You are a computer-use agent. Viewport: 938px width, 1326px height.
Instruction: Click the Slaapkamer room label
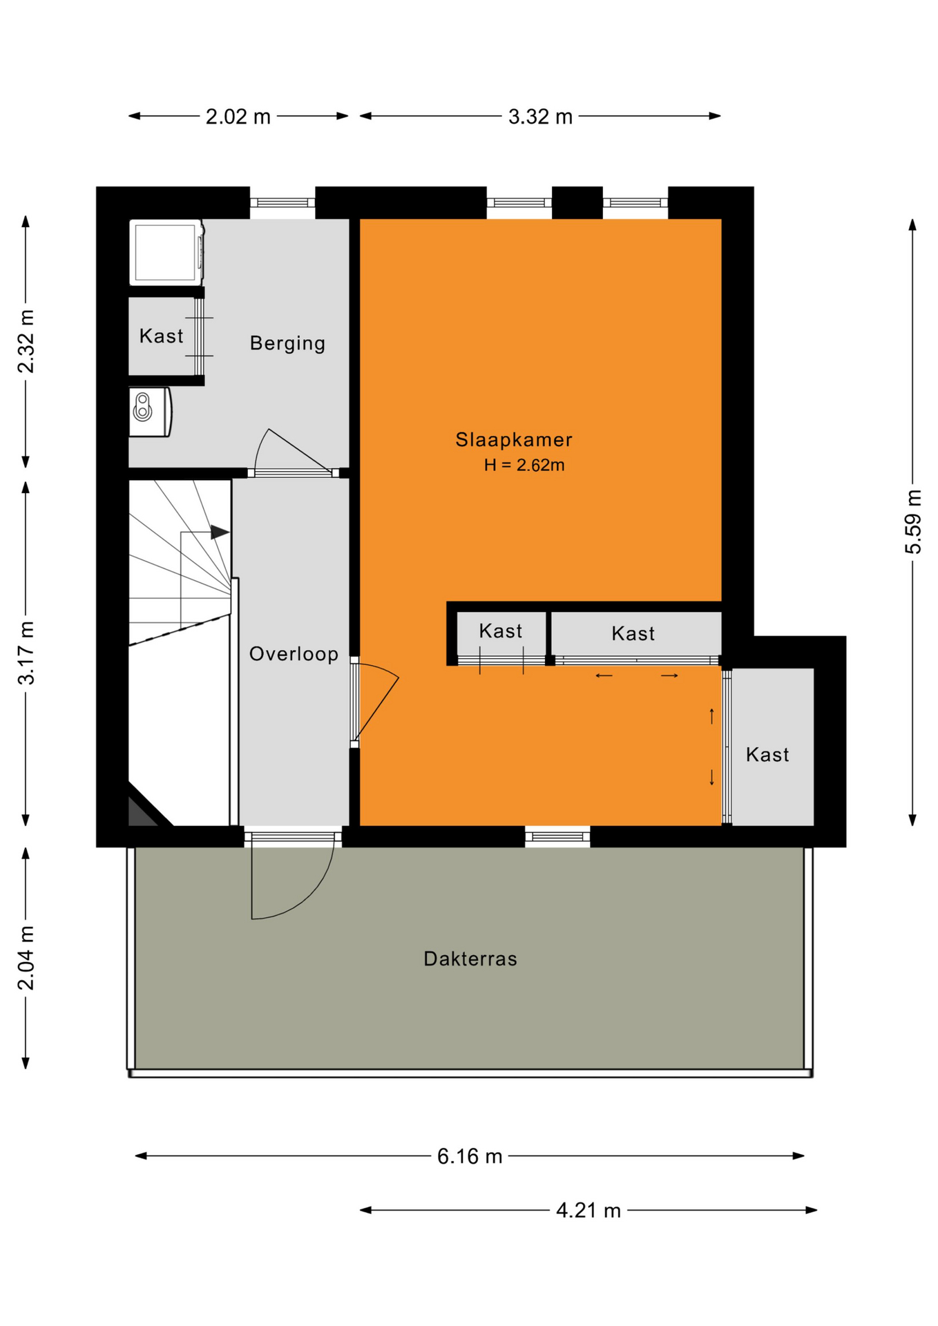[514, 440]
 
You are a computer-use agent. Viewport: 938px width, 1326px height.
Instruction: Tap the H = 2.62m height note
[524, 465]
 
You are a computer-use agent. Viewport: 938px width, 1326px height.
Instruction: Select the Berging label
[287, 343]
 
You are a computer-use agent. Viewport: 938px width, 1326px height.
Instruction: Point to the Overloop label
[294, 654]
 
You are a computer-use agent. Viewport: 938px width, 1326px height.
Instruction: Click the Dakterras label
[470, 959]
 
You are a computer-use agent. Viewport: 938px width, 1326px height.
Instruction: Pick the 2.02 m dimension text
[238, 117]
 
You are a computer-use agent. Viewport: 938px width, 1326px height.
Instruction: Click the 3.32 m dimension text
[540, 117]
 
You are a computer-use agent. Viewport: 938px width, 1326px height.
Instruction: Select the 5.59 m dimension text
[913, 521]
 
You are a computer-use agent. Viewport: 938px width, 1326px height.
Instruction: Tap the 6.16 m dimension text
[470, 1156]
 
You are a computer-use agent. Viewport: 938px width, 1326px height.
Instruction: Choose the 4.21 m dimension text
[588, 1211]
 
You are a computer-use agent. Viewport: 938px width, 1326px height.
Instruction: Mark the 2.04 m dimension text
[26, 958]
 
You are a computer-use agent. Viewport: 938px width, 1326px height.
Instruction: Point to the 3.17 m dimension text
[26, 653]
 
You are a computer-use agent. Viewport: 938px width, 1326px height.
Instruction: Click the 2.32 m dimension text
[26, 341]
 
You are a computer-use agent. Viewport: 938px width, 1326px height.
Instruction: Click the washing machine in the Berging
[166, 252]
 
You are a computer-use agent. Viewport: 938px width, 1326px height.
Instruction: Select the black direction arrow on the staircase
[220, 532]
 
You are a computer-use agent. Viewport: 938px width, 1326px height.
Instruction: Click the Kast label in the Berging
[161, 336]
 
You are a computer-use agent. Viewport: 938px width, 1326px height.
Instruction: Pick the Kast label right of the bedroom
[767, 755]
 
